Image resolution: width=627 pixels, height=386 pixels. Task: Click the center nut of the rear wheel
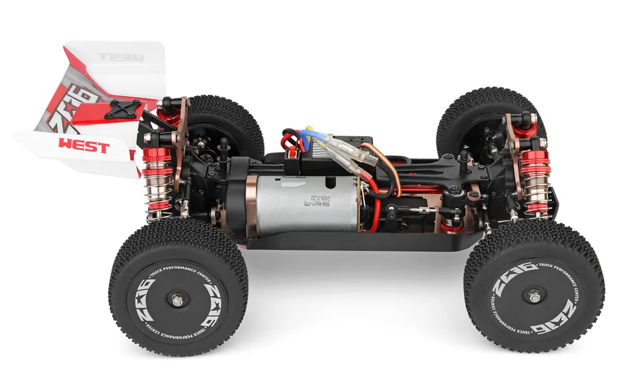click(179, 301)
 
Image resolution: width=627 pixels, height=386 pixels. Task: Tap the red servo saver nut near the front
click(448, 223)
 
